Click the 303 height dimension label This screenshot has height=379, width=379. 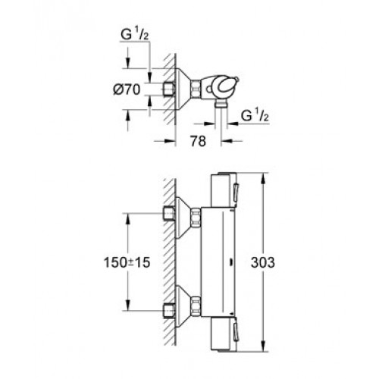pyautogui.click(x=262, y=262)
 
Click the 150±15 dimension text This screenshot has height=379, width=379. pyautogui.click(x=127, y=262)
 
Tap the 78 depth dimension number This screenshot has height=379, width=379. pyautogui.click(x=199, y=141)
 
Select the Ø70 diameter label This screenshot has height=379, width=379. pyautogui.click(x=127, y=89)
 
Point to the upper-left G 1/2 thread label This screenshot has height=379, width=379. pyautogui.click(x=135, y=35)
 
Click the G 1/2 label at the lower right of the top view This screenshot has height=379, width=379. pyautogui.click(x=255, y=116)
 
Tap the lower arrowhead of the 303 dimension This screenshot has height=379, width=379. pyautogui.click(x=263, y=346)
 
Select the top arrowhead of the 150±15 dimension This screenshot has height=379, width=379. pyautogui.click(x=127, y=219)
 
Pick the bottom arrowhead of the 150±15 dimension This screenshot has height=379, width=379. pyautogui.click(x=127, y=305)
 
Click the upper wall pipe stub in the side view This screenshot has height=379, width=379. pyautogui.click(x=169, y=214)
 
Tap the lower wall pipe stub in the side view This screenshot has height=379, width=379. pyautogui.click(x=169, y=310)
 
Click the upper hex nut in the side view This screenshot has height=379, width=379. pyautogui.click(x=196, y=218)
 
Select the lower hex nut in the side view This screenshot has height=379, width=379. pyautogui.click(x=196, y=306)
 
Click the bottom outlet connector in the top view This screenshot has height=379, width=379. pyautogui.click(x=221, y=103)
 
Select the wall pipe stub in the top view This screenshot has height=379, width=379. pyautogui.click(x=169, y=89)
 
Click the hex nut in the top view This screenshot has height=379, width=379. pyautogui.click(x=196, y=89)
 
